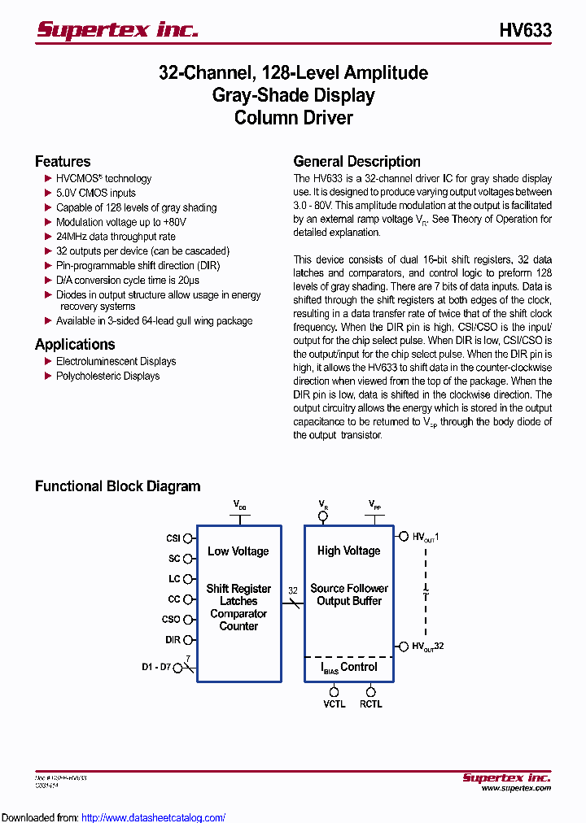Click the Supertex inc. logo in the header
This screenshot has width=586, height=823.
click(x=117, y=30)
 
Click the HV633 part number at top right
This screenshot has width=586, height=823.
click(x=525, y=31)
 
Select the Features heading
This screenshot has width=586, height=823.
click(x=63, y=161)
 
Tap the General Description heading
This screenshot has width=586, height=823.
click(x=356, y=161)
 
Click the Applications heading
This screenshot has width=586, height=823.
click(x=75, y=344)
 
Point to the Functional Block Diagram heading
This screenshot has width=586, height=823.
click(x=117, y=486)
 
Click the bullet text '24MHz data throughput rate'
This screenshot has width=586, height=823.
click(x=116, y=237)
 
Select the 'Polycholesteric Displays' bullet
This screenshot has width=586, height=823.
click(x=107, y=376)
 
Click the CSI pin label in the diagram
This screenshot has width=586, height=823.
click(x=173, y=538)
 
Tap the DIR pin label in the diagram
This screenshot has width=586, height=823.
click(x=173, y=640)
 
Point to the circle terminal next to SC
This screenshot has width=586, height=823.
click(x=188, y=559)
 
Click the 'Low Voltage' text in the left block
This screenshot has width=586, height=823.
click(x=238, y=551)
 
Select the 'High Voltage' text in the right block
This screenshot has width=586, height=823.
click(x=348, y=551)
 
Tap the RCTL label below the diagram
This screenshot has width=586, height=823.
click(x=370, y=704)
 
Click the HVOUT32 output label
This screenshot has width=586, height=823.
click(x=428, y=647)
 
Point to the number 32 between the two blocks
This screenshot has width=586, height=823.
click(x=293, y=591)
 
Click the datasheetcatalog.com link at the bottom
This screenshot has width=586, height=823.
click(x=154, y=817)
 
